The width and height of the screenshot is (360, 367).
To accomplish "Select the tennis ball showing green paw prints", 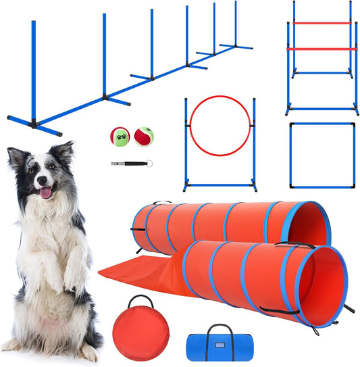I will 120,137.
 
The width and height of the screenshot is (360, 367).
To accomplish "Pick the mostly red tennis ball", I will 144,137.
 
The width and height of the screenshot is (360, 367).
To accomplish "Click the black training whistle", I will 128,163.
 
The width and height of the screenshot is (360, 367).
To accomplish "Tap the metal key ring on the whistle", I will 150,162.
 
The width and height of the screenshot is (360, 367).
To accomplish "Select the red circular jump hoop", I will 220,126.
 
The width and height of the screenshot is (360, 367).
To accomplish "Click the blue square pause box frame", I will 322,155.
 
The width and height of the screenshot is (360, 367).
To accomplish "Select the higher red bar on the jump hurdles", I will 322,23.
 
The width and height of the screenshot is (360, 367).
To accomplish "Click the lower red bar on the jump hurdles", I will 321,49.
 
